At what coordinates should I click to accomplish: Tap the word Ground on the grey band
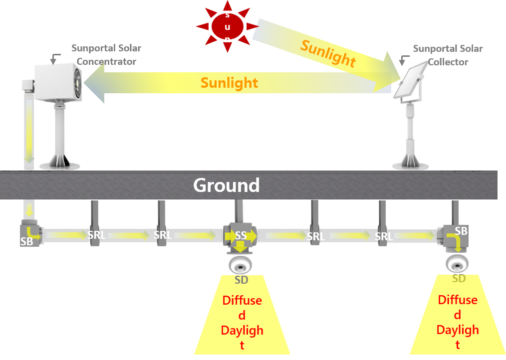(226, 185)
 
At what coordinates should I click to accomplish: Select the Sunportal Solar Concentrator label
(106, 55)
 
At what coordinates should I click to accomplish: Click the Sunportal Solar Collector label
(448, 55)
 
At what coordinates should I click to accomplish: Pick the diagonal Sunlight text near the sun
(328, 53)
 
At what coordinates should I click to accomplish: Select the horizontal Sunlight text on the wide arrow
(229, 83)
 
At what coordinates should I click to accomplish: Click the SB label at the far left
(26, 241)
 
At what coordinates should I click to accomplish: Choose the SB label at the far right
(461, 231)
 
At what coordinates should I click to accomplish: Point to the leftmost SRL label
(96, 234)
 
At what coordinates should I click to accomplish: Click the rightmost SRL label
(383, 236)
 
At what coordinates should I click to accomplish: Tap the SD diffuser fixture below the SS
(241, 264)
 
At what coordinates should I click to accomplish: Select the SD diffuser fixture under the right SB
(457, 263)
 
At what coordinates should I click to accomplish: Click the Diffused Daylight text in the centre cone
(242, 322)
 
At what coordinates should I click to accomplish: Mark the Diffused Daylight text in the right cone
(458, 322)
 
